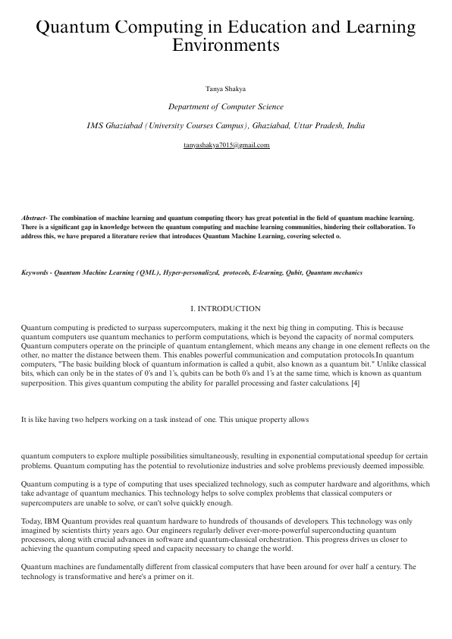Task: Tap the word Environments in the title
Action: (x=226, y=46)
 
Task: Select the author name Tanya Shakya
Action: (x=226, y=89)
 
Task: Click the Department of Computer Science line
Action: (x=226, y=107)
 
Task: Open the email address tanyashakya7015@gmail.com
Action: (x=226, y=144)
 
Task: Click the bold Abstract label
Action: (x=34, y=218)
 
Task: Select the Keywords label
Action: (x=38, y=272)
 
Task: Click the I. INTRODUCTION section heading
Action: (x=226, y=309)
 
